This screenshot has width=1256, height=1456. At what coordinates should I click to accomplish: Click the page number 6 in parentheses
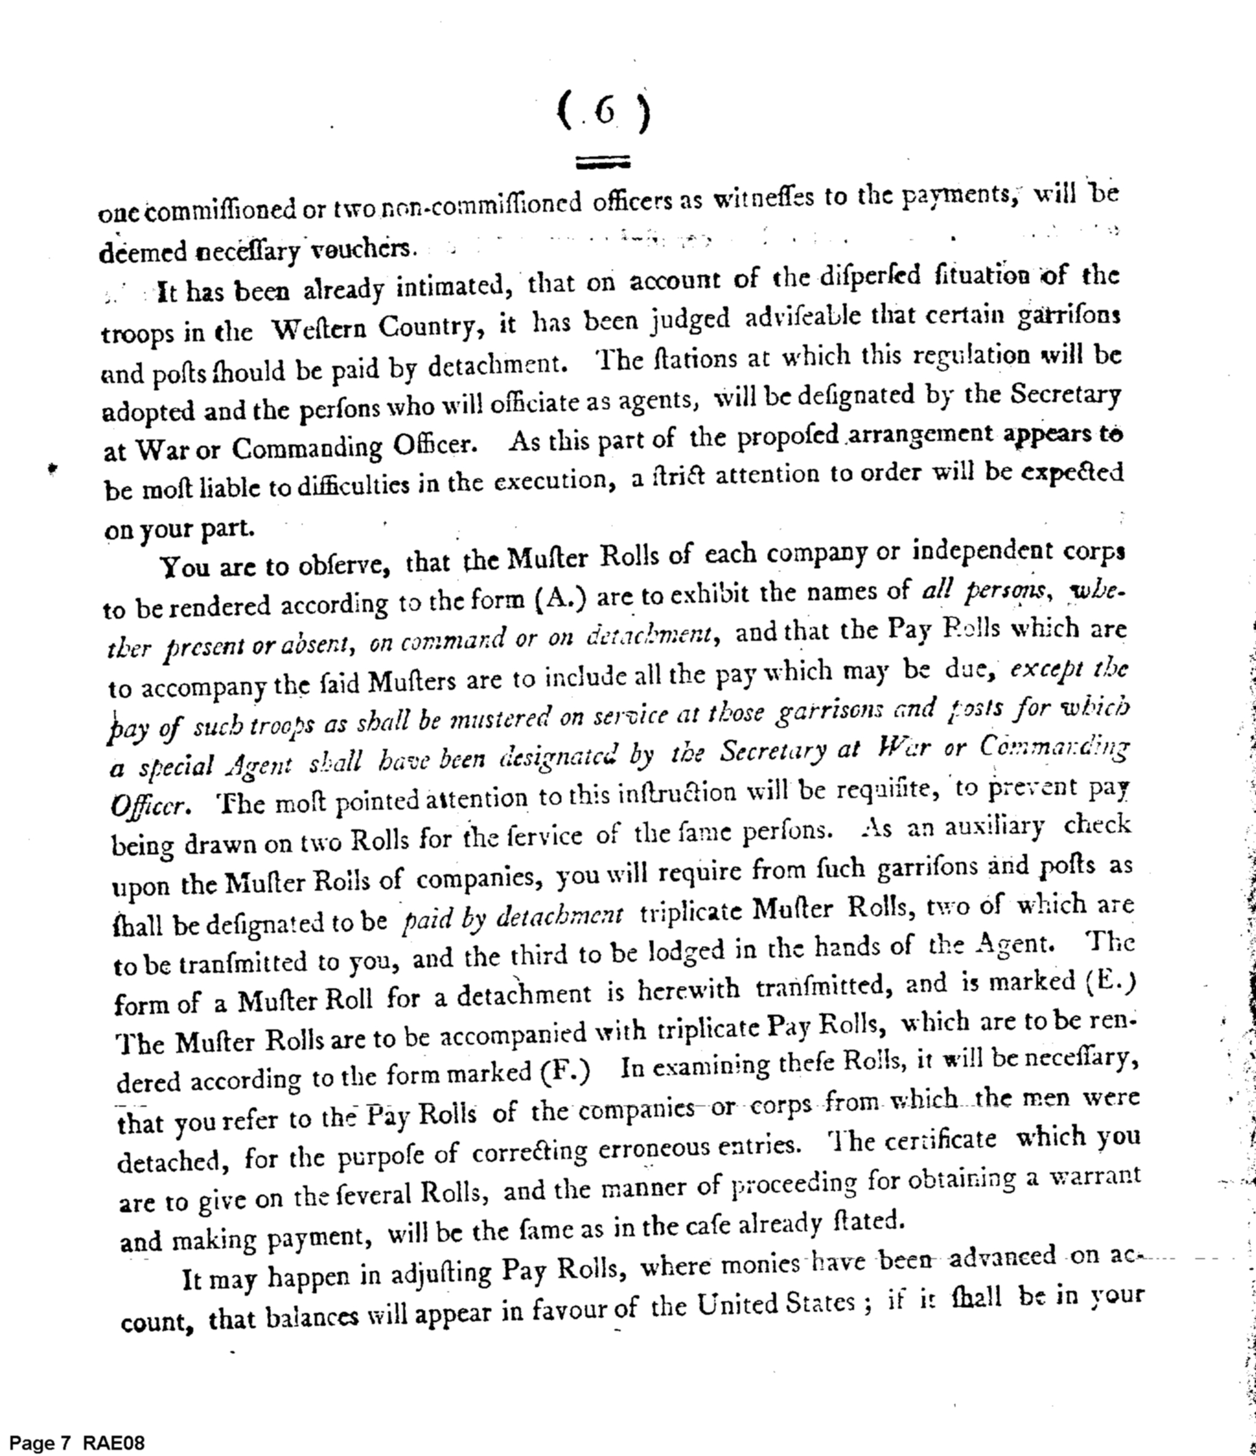tap(603, 112)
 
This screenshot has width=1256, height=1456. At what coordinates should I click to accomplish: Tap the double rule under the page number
tap(603, 163)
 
